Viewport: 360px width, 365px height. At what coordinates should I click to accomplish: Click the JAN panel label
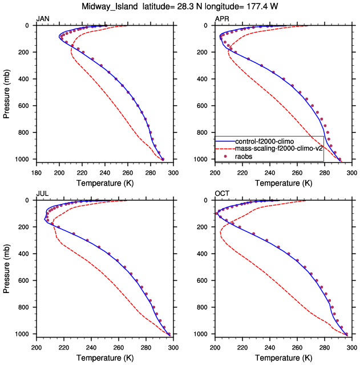click(42, 19)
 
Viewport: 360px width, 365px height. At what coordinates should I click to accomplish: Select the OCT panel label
click(221, 194)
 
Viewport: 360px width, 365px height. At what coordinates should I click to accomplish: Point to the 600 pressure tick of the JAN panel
click(26, 106)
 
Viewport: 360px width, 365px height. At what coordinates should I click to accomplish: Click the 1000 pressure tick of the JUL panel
click(24, 334)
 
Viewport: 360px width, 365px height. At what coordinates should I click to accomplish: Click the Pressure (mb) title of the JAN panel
click(7, 92)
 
